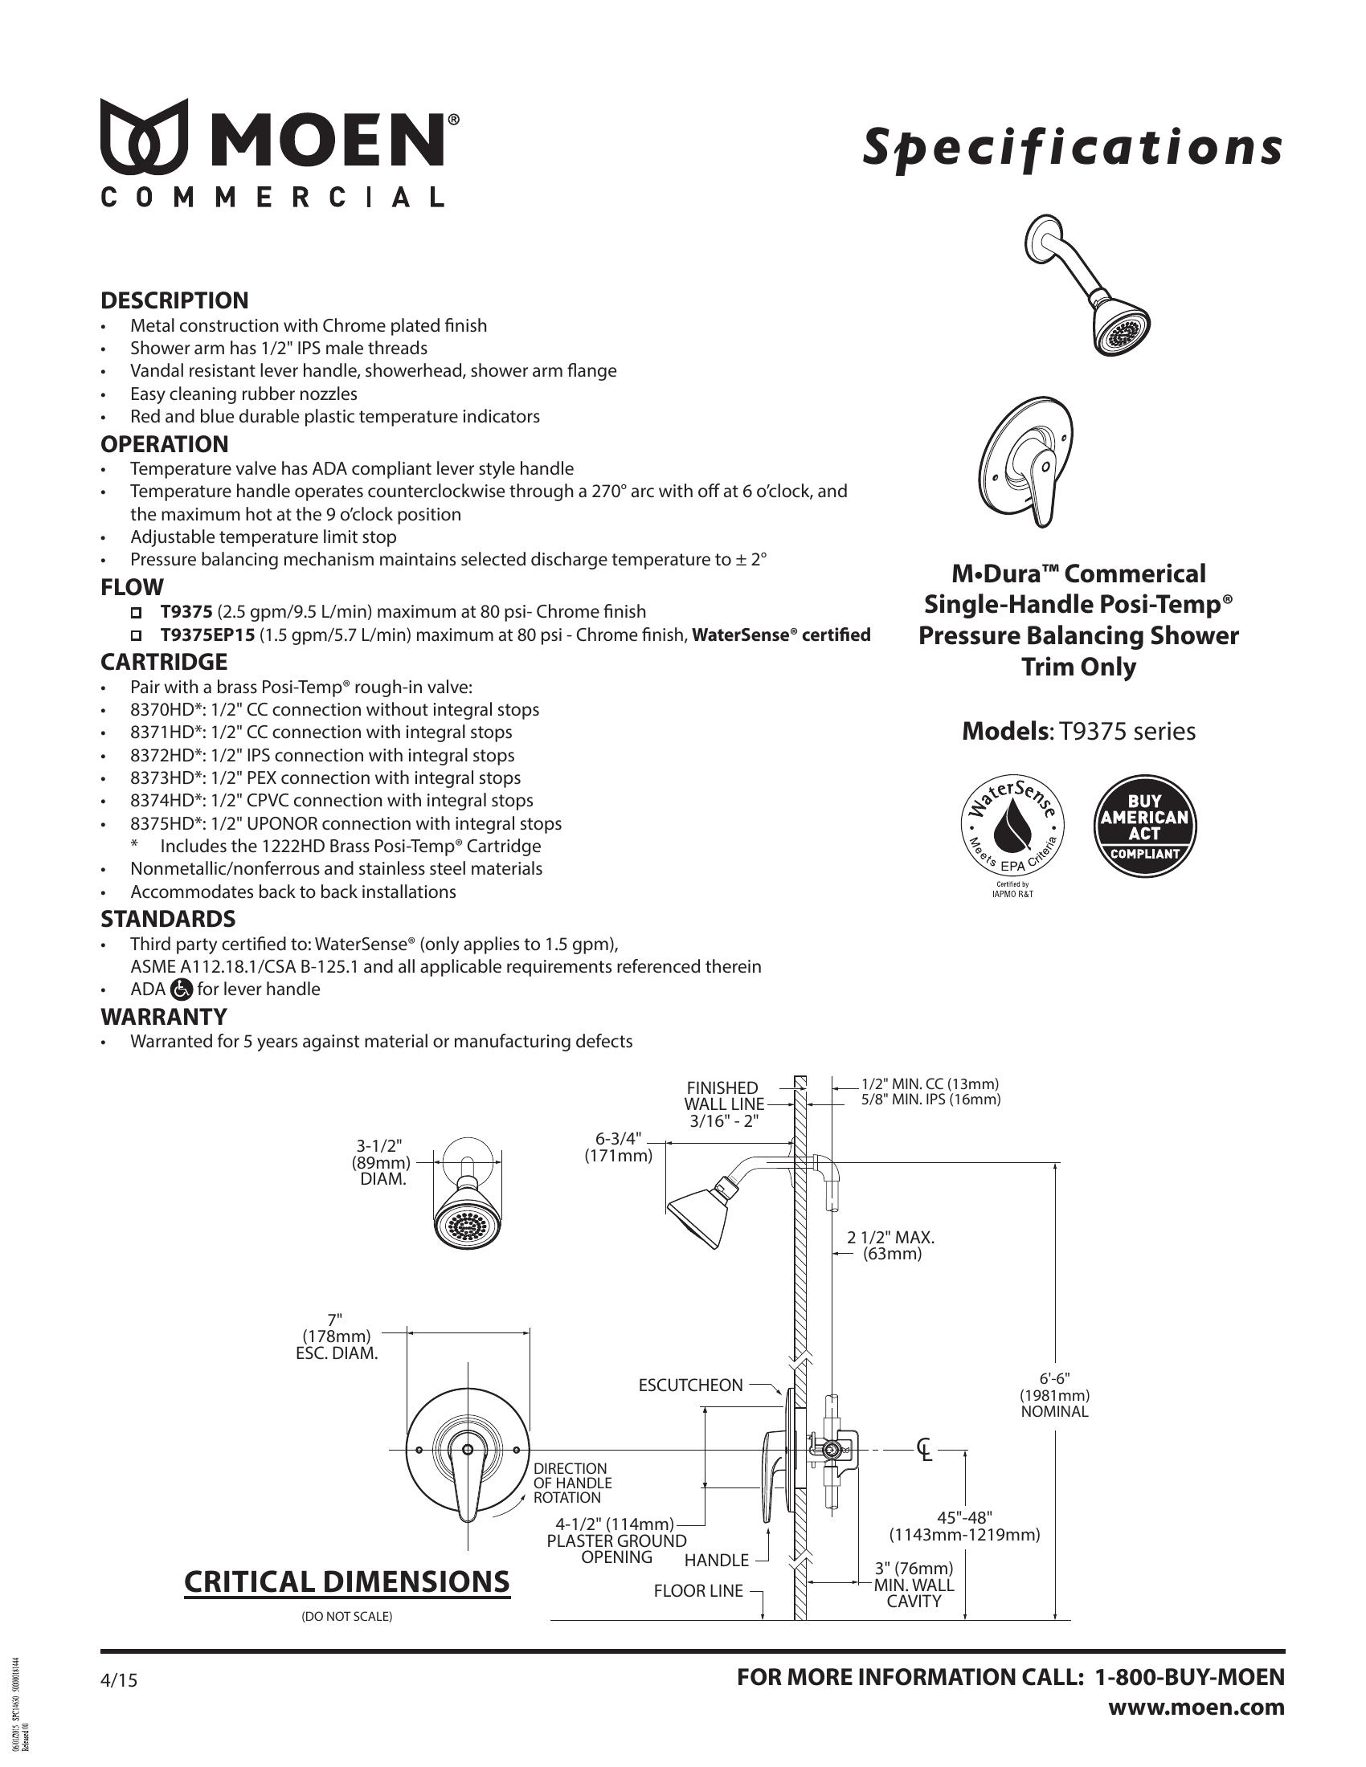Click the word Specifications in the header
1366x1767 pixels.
[1072, 148]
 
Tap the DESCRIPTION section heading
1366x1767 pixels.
[174, 300]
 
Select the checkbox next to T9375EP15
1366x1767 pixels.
[136, 635]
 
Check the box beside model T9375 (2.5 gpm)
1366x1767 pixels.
[136, 612]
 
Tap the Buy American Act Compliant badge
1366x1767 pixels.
[1144, 826]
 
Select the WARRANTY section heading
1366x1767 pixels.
[163, 1016]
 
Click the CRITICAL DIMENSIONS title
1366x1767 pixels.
[347, 1581]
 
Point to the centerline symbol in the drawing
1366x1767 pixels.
[923, 1449]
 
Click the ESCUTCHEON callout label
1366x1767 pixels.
[690, 1385]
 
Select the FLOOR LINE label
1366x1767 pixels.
[697, 1590]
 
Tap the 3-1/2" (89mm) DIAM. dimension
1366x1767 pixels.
[381, 1162]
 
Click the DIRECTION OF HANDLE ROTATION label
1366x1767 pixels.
[572, 1483]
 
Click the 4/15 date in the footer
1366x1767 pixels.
[119, 1680]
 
